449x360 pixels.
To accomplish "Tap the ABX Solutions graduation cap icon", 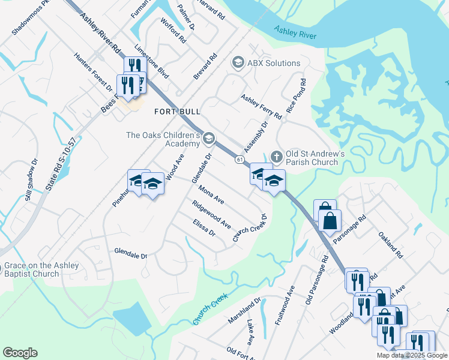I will click(238, 63).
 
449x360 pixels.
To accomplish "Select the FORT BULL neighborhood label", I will click(177, 112).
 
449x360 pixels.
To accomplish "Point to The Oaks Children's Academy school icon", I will click(208, 139).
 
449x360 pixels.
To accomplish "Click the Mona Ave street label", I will click(211, 194).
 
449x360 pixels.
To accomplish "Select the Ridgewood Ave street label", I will click(211, 214).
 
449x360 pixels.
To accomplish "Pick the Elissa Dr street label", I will click(203, 227).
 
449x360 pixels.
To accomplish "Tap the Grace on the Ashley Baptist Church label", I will click(40, 270).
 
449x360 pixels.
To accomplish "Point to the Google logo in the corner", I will click(20, 353).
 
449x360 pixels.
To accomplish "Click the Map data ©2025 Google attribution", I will click(412, 355).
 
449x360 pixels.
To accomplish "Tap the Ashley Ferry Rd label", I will click(261, 106).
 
